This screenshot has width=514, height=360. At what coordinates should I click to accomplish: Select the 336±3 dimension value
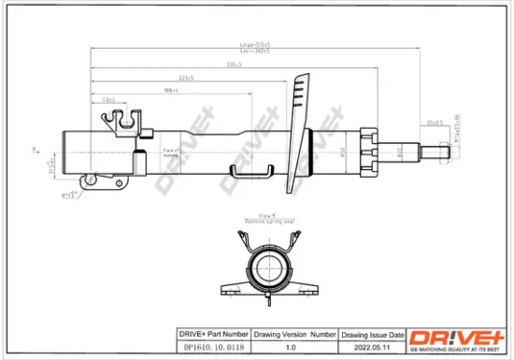tap(222, 65)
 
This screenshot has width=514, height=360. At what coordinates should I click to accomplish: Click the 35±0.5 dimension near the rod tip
tap(434, 122)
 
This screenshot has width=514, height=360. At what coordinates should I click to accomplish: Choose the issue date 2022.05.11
tap(372, 345)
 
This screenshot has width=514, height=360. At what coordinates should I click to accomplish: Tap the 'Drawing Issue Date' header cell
tap(372, 334)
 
